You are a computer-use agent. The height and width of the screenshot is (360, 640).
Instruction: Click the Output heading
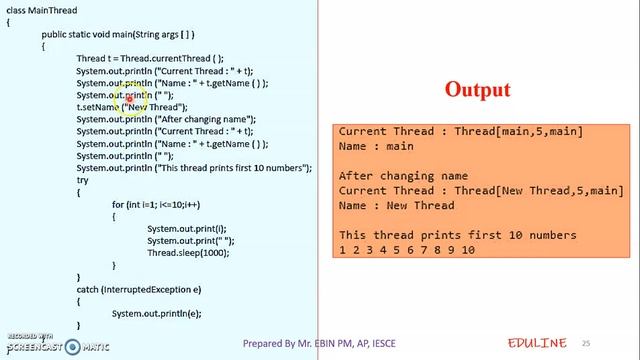[x=477, y=90]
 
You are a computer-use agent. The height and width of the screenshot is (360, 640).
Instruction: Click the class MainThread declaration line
[x=41, y=11]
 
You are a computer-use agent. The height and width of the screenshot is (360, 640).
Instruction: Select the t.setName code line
[x=132, y=107]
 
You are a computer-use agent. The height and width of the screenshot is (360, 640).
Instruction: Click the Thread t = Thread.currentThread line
[x=150, y=58]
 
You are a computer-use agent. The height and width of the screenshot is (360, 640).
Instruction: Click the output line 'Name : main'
[x=378, y=146]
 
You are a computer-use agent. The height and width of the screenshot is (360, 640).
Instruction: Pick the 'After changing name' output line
[x=403, y=176]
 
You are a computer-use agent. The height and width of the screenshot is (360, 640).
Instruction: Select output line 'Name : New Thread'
[x=396, y=205]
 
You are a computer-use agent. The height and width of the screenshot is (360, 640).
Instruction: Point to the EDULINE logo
[x=537, y=342]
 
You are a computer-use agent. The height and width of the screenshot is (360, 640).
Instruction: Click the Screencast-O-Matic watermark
[x=55, y=343]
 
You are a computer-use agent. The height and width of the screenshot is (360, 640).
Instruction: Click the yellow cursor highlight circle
[x=129, y=97]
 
